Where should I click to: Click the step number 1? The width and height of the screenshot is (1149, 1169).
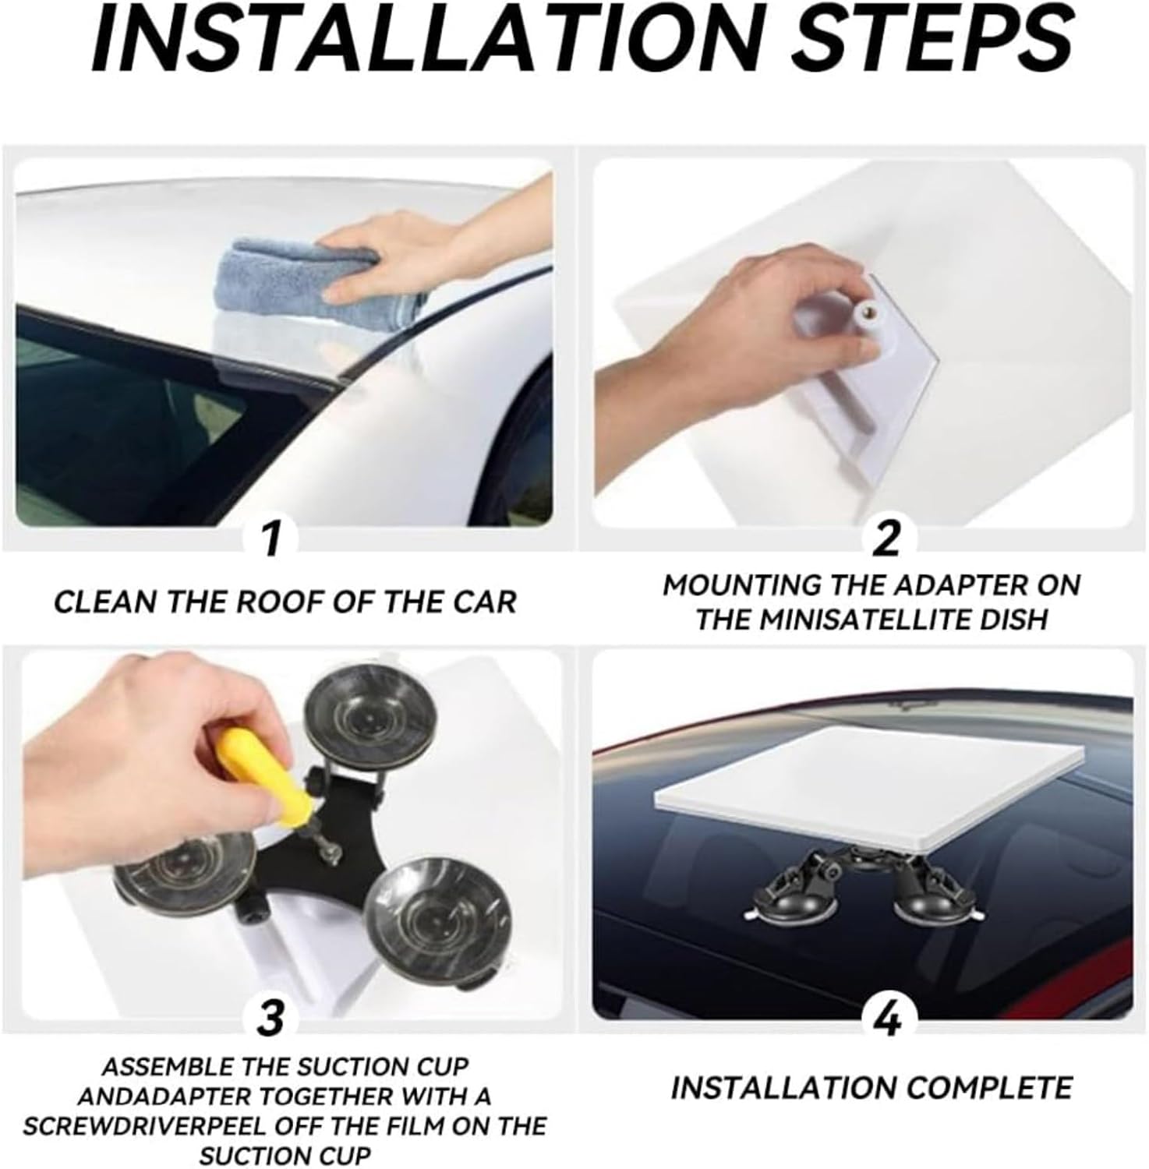tap(270, 539)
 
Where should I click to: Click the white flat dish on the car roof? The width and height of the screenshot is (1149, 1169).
tap(865, 787)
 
